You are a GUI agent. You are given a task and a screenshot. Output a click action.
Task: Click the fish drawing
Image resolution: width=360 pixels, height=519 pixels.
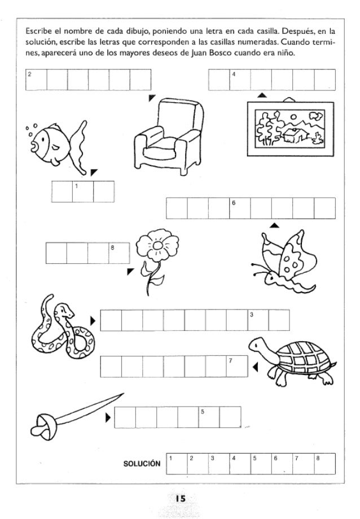(x=56, y=146)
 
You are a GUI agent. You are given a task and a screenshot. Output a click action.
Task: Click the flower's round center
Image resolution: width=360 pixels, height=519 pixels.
(x=157, y=245)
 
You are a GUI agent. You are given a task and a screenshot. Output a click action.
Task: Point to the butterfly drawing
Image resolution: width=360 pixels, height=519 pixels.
(x=285, y=261)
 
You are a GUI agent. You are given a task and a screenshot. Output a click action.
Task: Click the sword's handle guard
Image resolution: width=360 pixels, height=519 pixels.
(x=45, y=427)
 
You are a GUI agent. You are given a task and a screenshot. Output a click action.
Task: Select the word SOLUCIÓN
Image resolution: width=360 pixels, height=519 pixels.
(x=142, y=464)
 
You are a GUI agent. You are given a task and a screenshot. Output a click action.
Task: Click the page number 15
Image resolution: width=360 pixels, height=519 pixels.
(x=181, y=498)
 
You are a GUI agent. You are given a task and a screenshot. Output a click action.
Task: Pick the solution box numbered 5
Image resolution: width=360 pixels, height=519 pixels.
(x=261, y=464)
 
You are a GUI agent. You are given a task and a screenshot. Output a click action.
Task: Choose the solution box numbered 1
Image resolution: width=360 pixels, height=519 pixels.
(x=177, y=464)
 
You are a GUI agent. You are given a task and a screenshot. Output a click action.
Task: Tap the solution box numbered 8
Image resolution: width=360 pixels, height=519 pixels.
(x=324, y=464)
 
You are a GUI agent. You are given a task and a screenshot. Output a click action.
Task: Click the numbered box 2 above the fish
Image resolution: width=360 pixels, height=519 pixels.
(x=36, y=80)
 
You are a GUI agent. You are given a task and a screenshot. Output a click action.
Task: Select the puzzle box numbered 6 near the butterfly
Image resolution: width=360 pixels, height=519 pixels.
(x=240, y=208)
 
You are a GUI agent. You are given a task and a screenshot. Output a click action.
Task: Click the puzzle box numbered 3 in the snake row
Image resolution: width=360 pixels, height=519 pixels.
(x=258, y=320)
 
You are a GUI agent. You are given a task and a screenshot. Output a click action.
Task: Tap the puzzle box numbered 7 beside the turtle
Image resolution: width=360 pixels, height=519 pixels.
(x=237, y=367)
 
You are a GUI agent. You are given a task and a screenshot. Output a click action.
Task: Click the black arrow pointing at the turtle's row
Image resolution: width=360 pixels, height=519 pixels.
(x=255, y=367)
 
